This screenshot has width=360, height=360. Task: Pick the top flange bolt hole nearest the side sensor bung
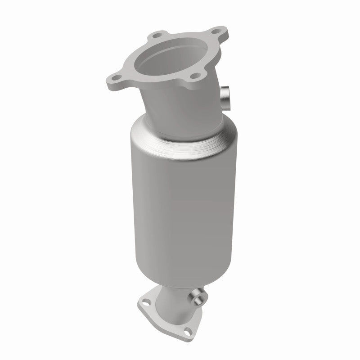[194, 77]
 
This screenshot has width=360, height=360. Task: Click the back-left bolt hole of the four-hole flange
[157, 35]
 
